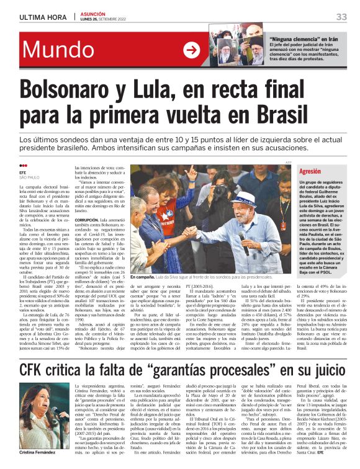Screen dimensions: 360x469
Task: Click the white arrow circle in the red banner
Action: click(191, 50)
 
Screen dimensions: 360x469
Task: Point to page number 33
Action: click(341, 17)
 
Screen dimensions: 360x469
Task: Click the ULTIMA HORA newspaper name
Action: click(40, 17)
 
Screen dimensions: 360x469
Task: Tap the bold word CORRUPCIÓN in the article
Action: click(89, 220)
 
